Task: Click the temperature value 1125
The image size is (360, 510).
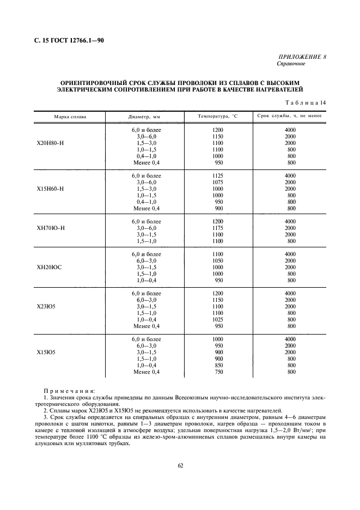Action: (x=218, y=176)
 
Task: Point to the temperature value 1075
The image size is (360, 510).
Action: (x=218, y=183)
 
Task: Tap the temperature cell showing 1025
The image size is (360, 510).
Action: (x=218, y=320)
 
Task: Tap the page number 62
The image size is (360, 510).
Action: (x=180, y=465)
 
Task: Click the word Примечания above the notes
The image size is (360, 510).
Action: (x=69, y=391)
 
